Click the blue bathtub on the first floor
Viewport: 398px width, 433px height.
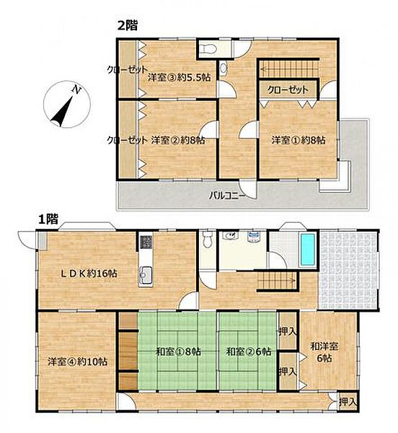pos(308,250)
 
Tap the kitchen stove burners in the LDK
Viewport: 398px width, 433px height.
pos(146,242)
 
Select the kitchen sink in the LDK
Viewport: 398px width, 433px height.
pos(146,275)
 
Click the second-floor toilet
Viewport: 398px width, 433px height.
pos(208,49)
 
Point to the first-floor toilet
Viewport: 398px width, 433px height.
pos(207,240)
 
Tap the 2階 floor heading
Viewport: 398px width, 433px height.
pos(128,26)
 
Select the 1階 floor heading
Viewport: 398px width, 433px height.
pos(48,220)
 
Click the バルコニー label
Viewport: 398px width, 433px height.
pos(226,196)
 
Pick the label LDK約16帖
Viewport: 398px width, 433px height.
pos(89,274)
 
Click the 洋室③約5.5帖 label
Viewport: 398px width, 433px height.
pos(179,77)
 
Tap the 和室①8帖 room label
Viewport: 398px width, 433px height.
pos(178,352)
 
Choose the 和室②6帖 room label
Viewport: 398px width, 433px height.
pos(248,352)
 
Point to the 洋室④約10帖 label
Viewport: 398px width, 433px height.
pos(77,362)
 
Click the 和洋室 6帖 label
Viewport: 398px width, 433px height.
pos(324,352)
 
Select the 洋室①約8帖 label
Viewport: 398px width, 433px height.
pos(298,140)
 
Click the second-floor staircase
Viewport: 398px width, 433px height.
pos(289,69)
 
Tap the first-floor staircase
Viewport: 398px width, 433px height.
pos(277,281)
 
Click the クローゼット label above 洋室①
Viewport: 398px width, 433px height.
pos(288,89)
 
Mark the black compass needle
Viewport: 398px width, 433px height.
pos(62,110)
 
